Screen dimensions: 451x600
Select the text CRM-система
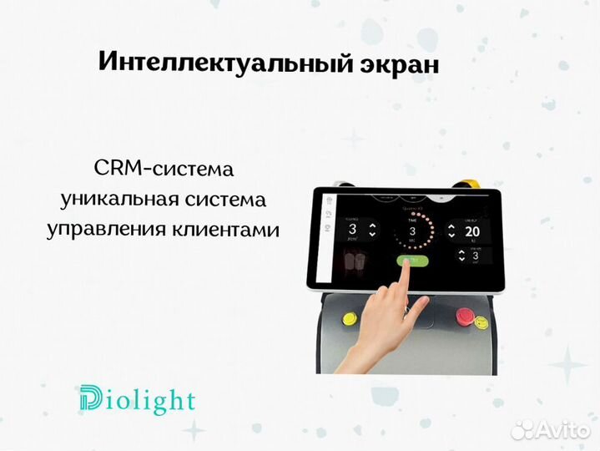164,170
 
